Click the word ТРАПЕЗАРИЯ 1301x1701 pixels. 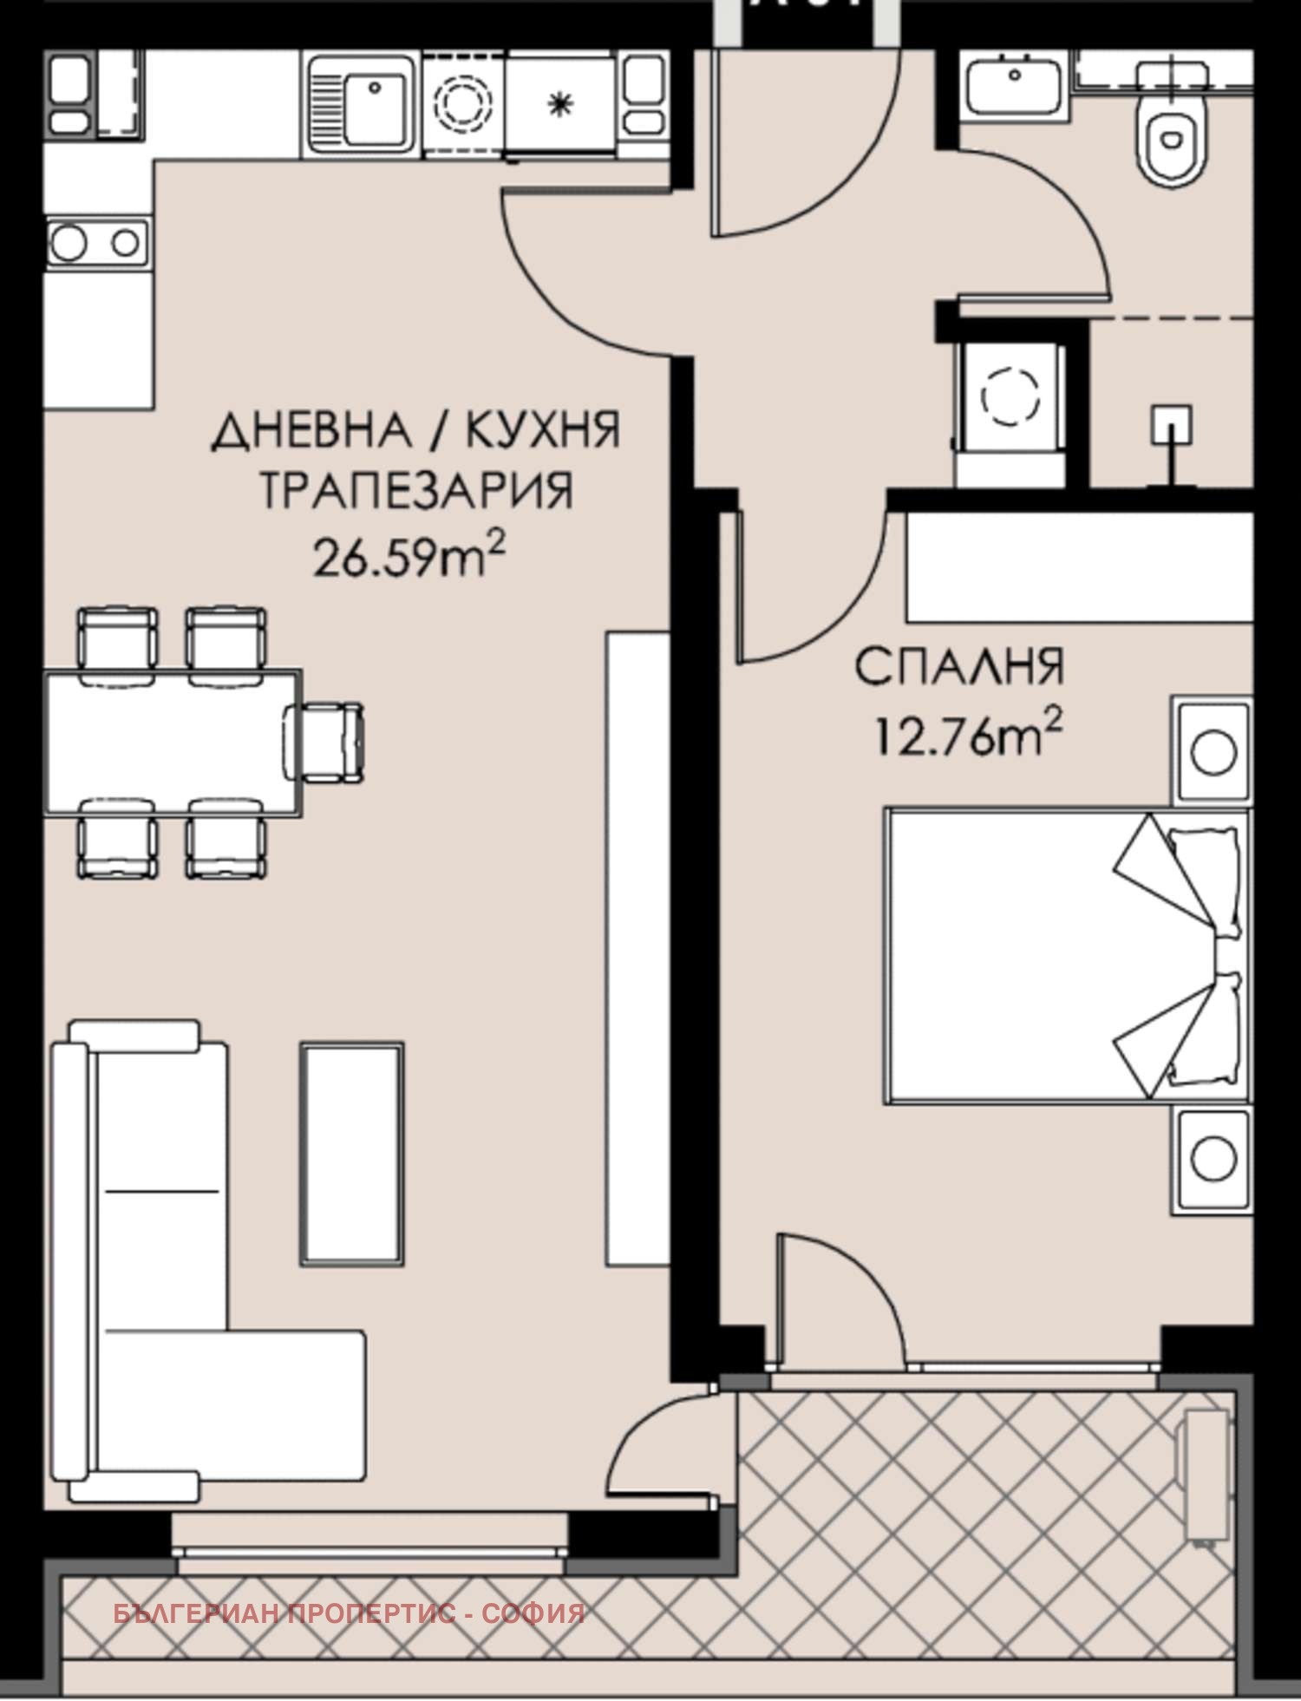(x=416, y=491)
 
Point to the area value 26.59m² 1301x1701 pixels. (x=409, y=556)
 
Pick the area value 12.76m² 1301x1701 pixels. (x=968, y=736)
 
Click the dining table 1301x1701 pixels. (x=173, y=742)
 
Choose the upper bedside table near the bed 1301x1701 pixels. (x=1213, y=749)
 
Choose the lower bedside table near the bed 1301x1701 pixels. (x=1213, y=1158)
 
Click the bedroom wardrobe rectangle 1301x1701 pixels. (x=1079, y=566)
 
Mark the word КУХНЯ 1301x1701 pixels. (x=544, y=431)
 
